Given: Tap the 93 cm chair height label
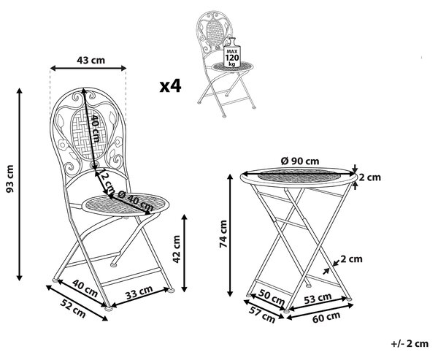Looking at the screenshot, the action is click(x=9, y=179).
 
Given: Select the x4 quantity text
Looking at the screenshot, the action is click(x=170, y=86).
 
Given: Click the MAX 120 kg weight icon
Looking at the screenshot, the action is click(x=232, y=53).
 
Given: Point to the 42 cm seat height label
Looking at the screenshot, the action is click(x=176, y=249).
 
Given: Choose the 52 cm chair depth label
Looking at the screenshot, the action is click(x=74, y=309).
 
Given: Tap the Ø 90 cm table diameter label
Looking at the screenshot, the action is click(x=300, y=161).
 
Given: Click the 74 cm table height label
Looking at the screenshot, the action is click(x=223, y=234).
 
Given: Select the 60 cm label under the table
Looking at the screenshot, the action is click(x=326, y=317).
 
